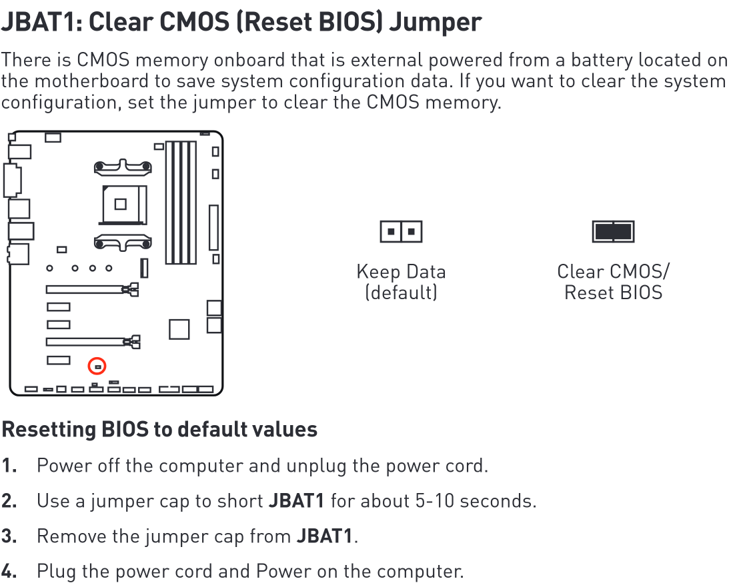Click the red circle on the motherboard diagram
(x=97, y=366)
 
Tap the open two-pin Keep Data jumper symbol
(x=401, y=232)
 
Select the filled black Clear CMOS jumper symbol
(x=613, y=232)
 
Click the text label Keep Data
(x=401, y=272)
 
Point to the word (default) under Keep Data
(x=401, y=293)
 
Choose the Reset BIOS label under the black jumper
(x=613, y=293)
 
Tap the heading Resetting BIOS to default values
(x=159, y=429)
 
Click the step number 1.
(x=9, y=466)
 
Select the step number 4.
(x=9, y=572)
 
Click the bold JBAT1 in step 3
(x=325, y=536)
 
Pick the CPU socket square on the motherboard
(x=120, y=204)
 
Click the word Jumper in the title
(x=435, y=23)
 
